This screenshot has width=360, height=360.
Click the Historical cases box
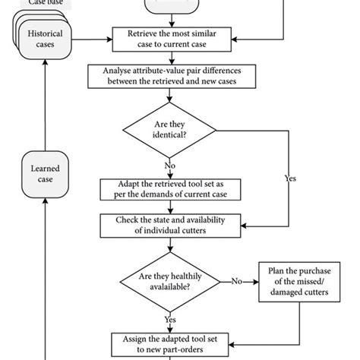click(45, 39)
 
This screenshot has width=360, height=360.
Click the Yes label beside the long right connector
click(289, 179)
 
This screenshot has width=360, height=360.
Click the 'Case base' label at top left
click(45, 3)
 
